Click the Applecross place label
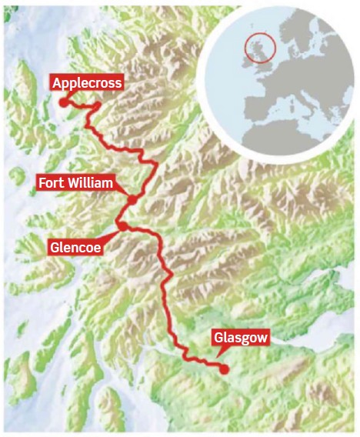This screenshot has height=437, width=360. click(86, 82)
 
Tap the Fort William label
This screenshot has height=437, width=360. click(76, 183)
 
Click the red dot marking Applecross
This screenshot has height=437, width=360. click(64, 102)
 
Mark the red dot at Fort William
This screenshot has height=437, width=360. click(132, 200)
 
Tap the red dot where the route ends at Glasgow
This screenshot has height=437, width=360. click(224, 369)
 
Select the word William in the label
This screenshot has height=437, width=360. click(91, 183)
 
